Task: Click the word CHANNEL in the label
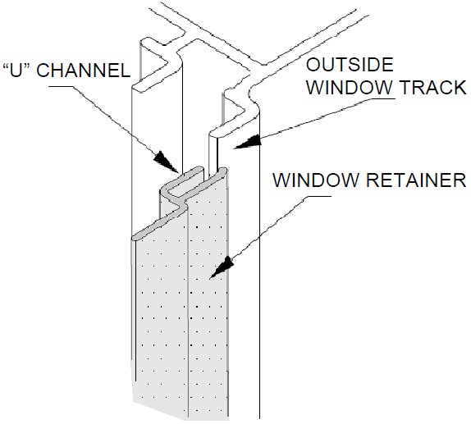coord(89,70)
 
